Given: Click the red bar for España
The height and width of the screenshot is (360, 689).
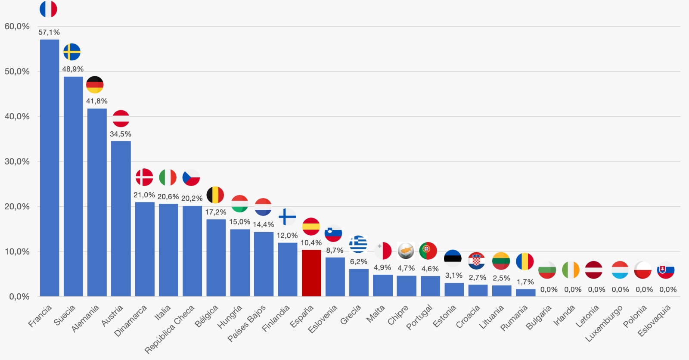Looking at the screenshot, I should (311, 273).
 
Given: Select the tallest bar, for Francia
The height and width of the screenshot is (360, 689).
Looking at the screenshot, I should (50, 168).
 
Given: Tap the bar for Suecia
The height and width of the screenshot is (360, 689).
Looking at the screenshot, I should (73, 186).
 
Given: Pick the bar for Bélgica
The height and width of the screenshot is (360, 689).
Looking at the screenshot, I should (216, 258).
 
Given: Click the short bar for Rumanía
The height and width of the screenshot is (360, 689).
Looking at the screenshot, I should (525, 292).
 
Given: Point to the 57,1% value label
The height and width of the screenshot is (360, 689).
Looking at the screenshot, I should (49, 32).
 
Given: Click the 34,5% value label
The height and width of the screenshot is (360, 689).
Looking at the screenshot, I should (121, 134).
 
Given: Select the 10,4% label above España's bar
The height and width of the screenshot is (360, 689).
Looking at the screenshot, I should (311, 243).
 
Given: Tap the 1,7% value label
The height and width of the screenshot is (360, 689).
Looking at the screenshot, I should (525, 282).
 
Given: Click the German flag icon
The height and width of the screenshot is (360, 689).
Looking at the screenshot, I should (95, 85).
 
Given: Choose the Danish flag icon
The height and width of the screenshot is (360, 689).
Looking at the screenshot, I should (144, 177).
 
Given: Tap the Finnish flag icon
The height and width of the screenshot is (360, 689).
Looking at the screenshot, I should (287, 217).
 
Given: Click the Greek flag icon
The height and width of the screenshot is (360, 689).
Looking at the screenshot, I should (358, 244).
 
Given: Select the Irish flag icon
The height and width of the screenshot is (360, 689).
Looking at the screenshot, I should (571, 270).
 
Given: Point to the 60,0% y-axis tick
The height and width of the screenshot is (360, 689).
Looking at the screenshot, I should (17, 26).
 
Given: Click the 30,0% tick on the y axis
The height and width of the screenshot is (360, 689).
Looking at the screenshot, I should (17, 161).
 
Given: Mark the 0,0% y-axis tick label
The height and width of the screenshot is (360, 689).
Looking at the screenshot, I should (19, 297).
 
